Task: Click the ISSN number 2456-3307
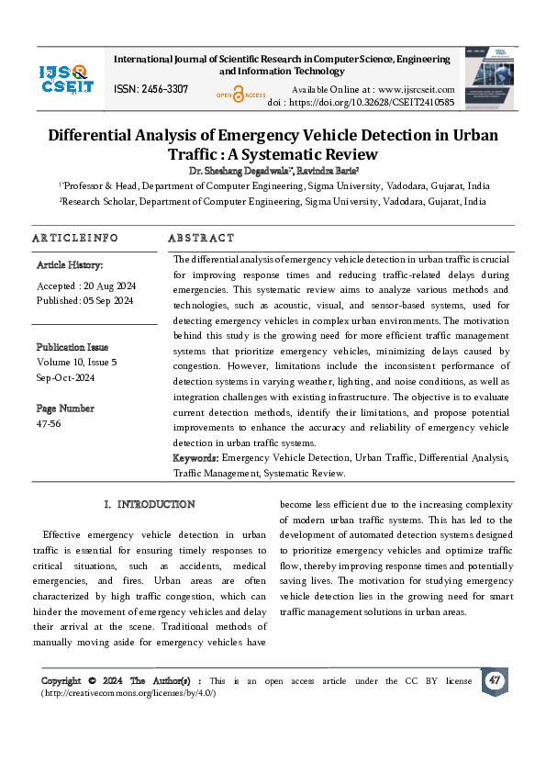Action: (151, 89)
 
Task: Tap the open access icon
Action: (240, 93)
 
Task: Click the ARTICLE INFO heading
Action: (75, 238)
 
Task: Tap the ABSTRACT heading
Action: (201, 238)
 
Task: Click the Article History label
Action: (70, 264)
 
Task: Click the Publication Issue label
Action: (72, 347)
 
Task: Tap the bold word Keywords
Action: (195, 457)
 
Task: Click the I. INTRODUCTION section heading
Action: (150, 504)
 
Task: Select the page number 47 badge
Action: (495, 680)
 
